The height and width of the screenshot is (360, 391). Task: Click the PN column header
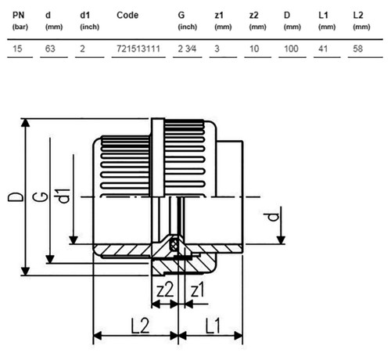[19, 15]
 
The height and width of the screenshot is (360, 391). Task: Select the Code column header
[127, 15]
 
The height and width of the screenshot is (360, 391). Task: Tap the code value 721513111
[138, 49]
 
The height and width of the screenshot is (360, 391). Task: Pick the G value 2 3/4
[187, 49]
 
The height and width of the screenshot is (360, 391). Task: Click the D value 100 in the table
[291, 49]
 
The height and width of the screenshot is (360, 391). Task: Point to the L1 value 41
[323, 49]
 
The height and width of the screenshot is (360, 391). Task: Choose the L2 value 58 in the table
[357, 49]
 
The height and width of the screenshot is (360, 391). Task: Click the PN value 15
[17, 49]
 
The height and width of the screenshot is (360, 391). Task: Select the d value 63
[50, 49]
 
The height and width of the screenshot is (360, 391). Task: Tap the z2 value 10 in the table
[254, 49]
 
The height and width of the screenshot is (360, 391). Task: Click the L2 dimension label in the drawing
[140, 326]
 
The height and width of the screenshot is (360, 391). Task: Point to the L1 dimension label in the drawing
[213, 326]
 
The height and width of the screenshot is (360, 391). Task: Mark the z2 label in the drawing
[165, 290]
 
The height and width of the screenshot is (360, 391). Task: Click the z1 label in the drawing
[198, 290]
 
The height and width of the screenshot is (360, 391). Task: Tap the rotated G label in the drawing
[41, 197]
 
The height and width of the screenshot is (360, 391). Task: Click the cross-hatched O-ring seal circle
[174, 244]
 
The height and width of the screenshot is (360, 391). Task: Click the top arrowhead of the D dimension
[25, 123]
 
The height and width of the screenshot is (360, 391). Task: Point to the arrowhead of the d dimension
[281, 240]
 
